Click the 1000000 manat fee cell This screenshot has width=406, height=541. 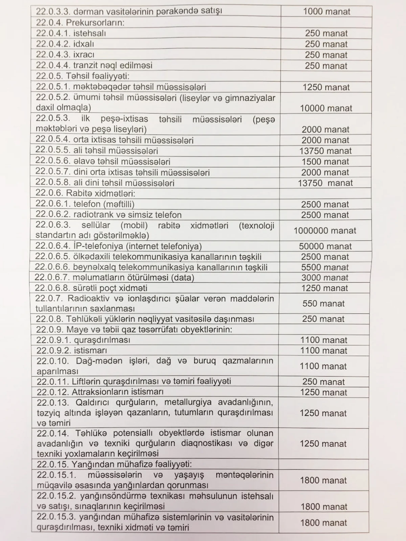pos(325,231)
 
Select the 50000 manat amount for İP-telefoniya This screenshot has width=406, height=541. pos(325,246)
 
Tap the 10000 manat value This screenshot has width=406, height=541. pos(326,108)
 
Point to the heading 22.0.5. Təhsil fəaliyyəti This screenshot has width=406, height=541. pos(83,76)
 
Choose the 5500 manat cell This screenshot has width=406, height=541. pos(325,267)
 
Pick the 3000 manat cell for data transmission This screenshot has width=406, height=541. pos(325,278)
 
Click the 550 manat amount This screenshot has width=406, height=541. pos(324,303)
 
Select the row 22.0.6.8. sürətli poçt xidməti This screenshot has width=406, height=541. pos(91,288)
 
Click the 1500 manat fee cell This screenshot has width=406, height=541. pos(325,162)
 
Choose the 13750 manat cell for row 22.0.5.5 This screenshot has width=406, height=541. pos(325,151)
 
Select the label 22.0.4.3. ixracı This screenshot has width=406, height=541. pos(65,54)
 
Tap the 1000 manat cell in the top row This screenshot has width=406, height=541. pos(326,11)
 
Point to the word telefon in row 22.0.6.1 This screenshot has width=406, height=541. pos(87,204)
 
